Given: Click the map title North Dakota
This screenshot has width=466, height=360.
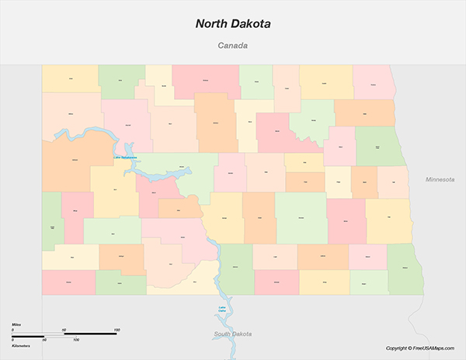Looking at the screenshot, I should [x=233, y=24].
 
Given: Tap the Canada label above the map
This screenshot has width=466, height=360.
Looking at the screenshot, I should [x=233, y=46].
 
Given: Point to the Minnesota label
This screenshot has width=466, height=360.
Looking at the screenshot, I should [x=440, y=179].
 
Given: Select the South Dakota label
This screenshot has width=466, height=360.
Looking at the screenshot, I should [x=233, y=334].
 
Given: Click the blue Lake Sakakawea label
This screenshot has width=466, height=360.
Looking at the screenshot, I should [x=125, y=158].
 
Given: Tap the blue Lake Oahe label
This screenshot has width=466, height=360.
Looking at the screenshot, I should [x=222, y=310].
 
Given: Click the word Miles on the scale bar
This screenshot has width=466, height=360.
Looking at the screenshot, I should [x=16, y=324].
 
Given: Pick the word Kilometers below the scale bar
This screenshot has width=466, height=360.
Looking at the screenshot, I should [x=22, y=345].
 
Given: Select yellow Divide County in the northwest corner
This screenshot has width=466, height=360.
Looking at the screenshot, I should [x=71, y=78].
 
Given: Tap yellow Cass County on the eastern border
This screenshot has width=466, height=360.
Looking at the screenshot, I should [x=388, y=220].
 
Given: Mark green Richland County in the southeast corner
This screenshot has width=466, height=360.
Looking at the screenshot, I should [x=405, y=268].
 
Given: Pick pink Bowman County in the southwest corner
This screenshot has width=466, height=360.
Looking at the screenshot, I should [x=69, y=282].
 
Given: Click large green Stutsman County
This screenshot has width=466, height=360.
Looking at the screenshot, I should [x=301, y=218].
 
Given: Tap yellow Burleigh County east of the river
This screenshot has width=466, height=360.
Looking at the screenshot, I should [x=225, y=217].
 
